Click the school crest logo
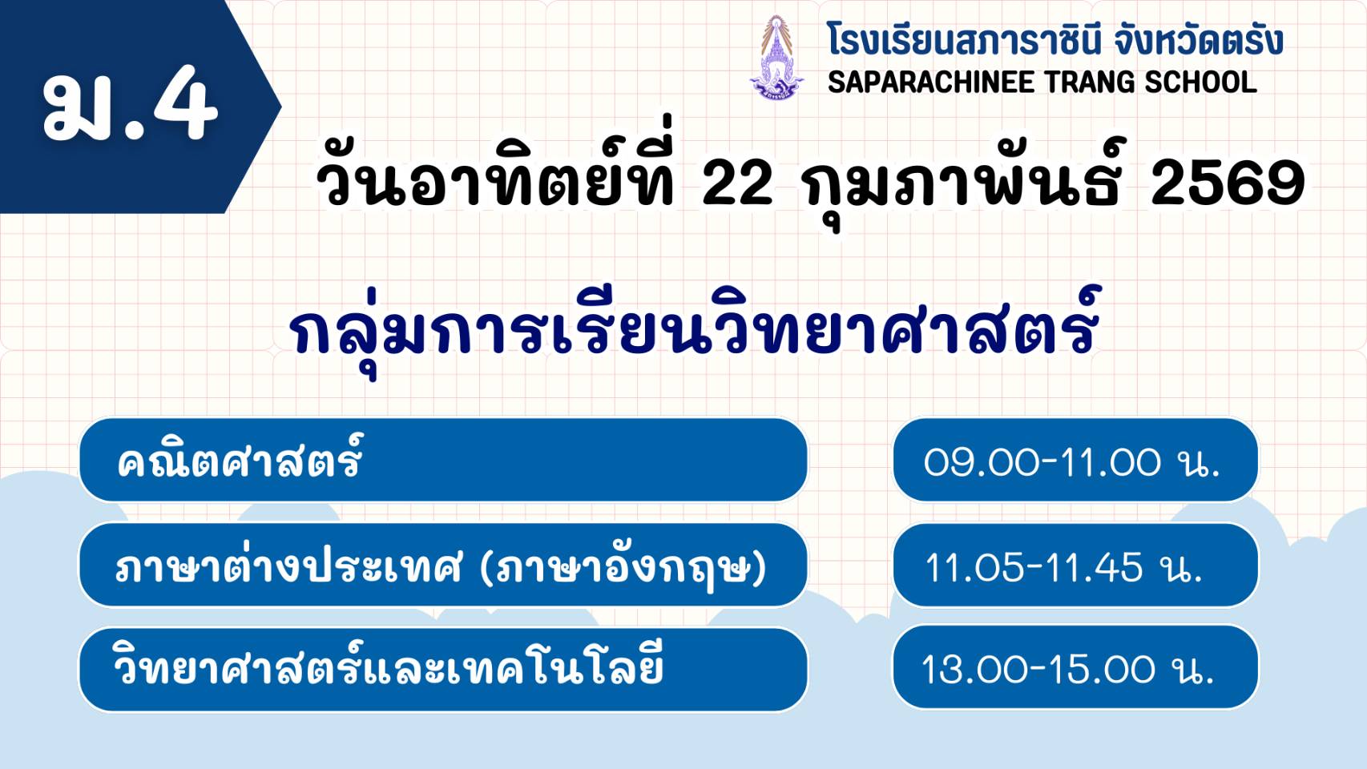[776, 58]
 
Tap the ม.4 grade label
[130, 104]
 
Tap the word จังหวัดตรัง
[1197, 40]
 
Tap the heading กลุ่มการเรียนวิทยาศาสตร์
[695, 329]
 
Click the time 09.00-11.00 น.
[1072, 462]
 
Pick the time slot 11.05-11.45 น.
[1063, 568]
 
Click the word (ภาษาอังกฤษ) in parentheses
[623, 568]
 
